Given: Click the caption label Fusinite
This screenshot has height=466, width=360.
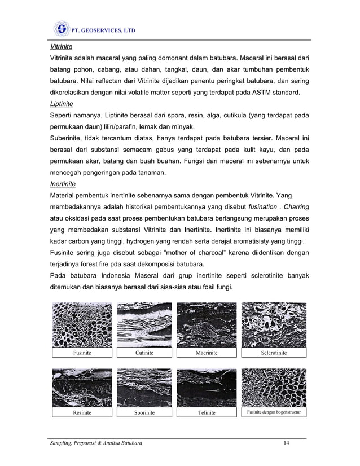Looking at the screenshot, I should [84, 353].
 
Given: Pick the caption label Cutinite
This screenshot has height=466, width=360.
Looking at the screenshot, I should [144, 353].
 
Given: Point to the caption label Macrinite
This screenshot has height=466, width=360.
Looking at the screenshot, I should [207, 353].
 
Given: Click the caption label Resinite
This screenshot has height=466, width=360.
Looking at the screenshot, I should [83, 412].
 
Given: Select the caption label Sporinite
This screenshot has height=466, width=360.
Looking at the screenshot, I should [144, 412].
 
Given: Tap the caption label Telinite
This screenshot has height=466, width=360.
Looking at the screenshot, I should [207, 412].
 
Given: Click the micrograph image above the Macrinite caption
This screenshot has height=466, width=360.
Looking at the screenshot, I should [207, 324].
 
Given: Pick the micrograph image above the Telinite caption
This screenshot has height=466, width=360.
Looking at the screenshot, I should [207, 387].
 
